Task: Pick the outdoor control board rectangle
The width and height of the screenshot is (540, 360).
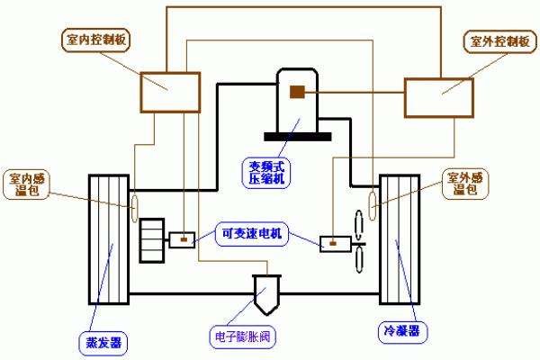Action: [439, 97]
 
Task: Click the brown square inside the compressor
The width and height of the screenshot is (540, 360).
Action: [295, 91]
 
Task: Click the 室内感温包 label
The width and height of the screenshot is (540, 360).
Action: [27, 184]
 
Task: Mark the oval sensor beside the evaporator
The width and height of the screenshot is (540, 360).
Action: [135, 205]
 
